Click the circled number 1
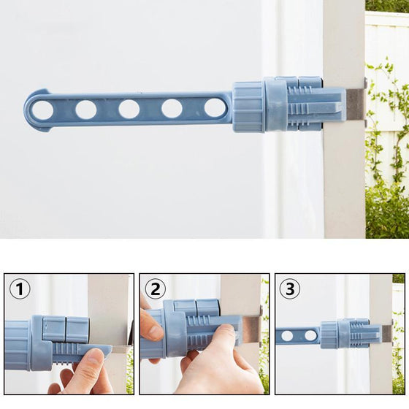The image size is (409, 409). tap(20, 288)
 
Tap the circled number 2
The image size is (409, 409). tap(156, 289)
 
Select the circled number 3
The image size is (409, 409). tap(290, 289)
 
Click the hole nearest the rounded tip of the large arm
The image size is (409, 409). tap(43, 110)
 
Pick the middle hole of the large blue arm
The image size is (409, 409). tap(129, 109)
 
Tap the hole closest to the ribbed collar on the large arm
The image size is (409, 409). tap(215, 107)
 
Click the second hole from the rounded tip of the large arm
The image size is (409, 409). tap(86, 110)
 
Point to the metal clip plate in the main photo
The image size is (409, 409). tap(355, 103)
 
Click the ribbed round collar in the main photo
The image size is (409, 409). tap(248, 107)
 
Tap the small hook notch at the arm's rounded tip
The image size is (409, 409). tap(44, 91)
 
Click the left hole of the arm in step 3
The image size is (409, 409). tap(288, 336)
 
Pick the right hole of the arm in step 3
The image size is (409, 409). tap(310, 335)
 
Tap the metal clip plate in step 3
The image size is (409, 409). tap(387, 333)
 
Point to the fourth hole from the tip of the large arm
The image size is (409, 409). tap(172, 108)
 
